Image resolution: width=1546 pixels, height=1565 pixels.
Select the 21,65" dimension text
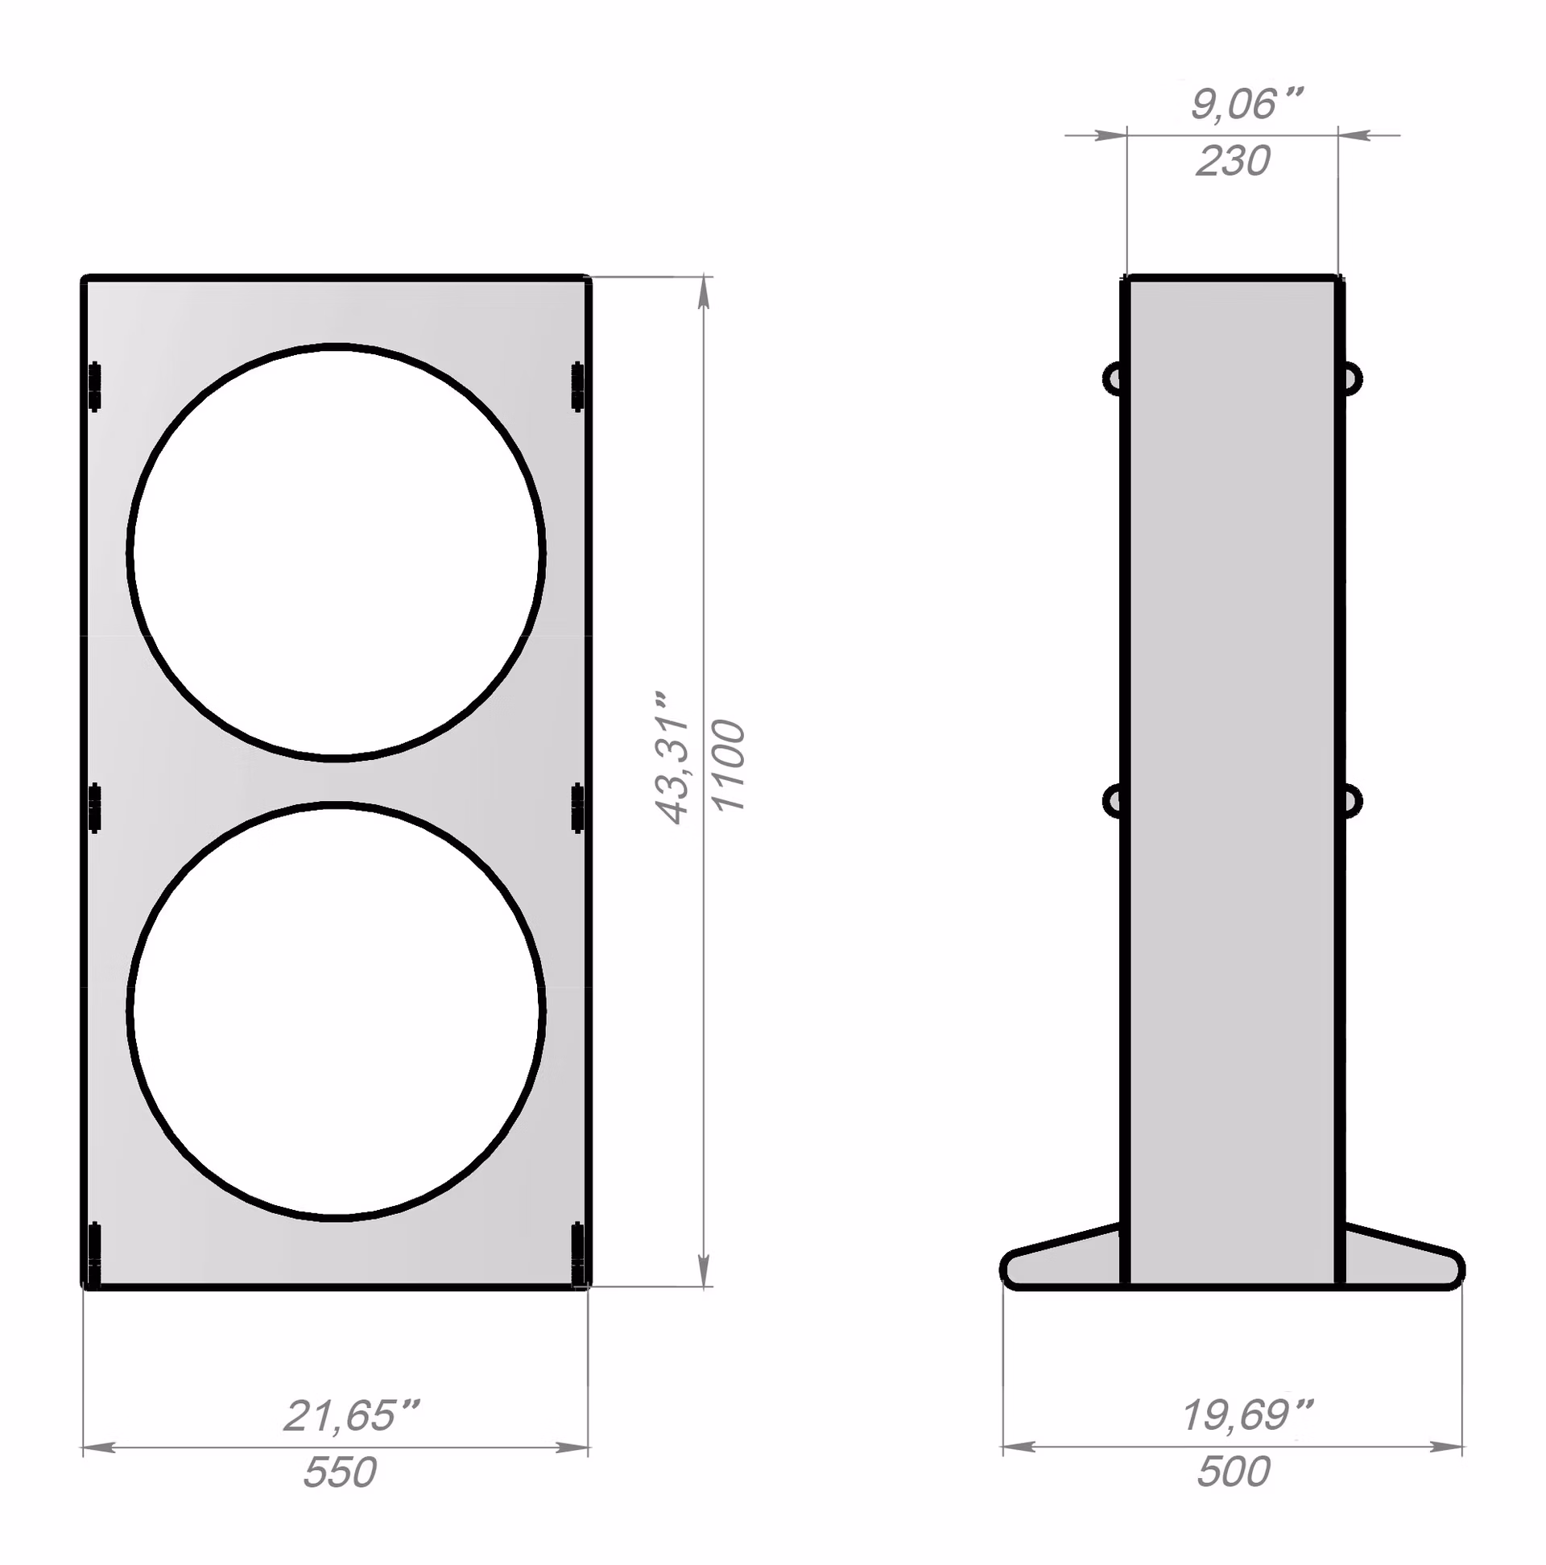[351, 1415]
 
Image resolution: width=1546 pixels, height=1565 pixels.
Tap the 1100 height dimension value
[729, 765]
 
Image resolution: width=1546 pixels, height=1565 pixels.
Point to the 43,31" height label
[672, 758]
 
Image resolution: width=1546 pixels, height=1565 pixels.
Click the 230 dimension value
[1233, 160]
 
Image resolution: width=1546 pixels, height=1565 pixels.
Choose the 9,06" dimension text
[1246, 104]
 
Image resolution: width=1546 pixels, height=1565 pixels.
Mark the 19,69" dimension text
[1247, 1415]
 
